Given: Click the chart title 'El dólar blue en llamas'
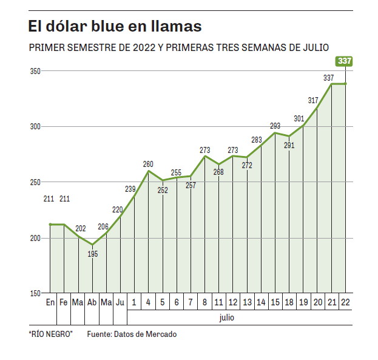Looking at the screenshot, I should (115, 27).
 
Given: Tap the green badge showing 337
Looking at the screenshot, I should (344, 61).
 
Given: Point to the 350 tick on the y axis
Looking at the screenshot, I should (35, 71).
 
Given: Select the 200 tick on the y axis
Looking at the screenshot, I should (35, 237).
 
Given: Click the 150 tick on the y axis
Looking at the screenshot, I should (35, 293).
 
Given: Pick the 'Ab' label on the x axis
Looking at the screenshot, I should (92, 302).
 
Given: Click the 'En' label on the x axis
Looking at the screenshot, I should (50, 302).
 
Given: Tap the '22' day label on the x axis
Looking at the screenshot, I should (345, 302).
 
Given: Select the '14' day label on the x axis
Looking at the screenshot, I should (261, 302).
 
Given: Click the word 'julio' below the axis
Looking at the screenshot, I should (228, 317).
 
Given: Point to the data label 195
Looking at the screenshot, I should (93, 254).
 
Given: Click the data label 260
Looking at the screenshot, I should (148, 164).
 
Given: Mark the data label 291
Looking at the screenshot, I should (289, 146).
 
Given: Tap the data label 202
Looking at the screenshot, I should (80, 229).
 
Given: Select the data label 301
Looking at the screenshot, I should (299, 118).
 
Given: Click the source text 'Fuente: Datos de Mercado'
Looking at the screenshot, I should (132, 335).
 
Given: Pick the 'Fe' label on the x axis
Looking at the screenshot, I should (64, 302).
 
